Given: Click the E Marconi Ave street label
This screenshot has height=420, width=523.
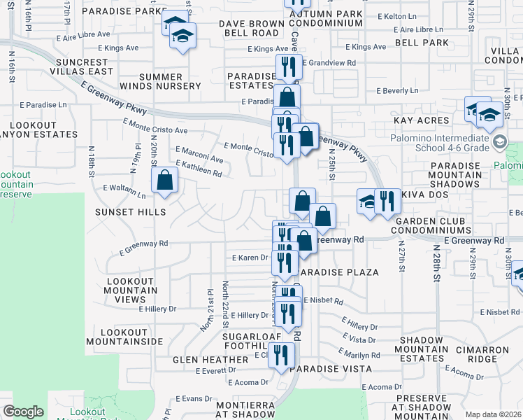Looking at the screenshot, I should (199, 155).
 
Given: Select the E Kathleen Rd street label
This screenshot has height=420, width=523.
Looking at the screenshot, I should (199, 168).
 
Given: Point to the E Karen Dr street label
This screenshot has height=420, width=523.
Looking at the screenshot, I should (250, 258).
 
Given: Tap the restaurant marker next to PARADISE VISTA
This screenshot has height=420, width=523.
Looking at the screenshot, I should (281, 355).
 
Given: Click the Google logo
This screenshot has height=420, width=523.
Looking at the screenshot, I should (23, 411).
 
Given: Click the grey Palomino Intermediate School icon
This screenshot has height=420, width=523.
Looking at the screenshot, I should (499, 143).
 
